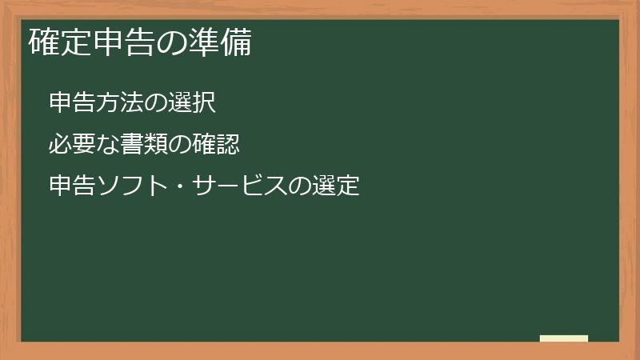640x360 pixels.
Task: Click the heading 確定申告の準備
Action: [140, 42]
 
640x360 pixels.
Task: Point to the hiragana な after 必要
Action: [108, 145]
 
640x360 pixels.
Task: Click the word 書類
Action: [145, 145]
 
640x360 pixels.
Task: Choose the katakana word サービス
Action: [239, 187]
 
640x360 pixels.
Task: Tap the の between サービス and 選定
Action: [301, 188]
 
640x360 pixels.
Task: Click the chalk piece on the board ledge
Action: [564, 339]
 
